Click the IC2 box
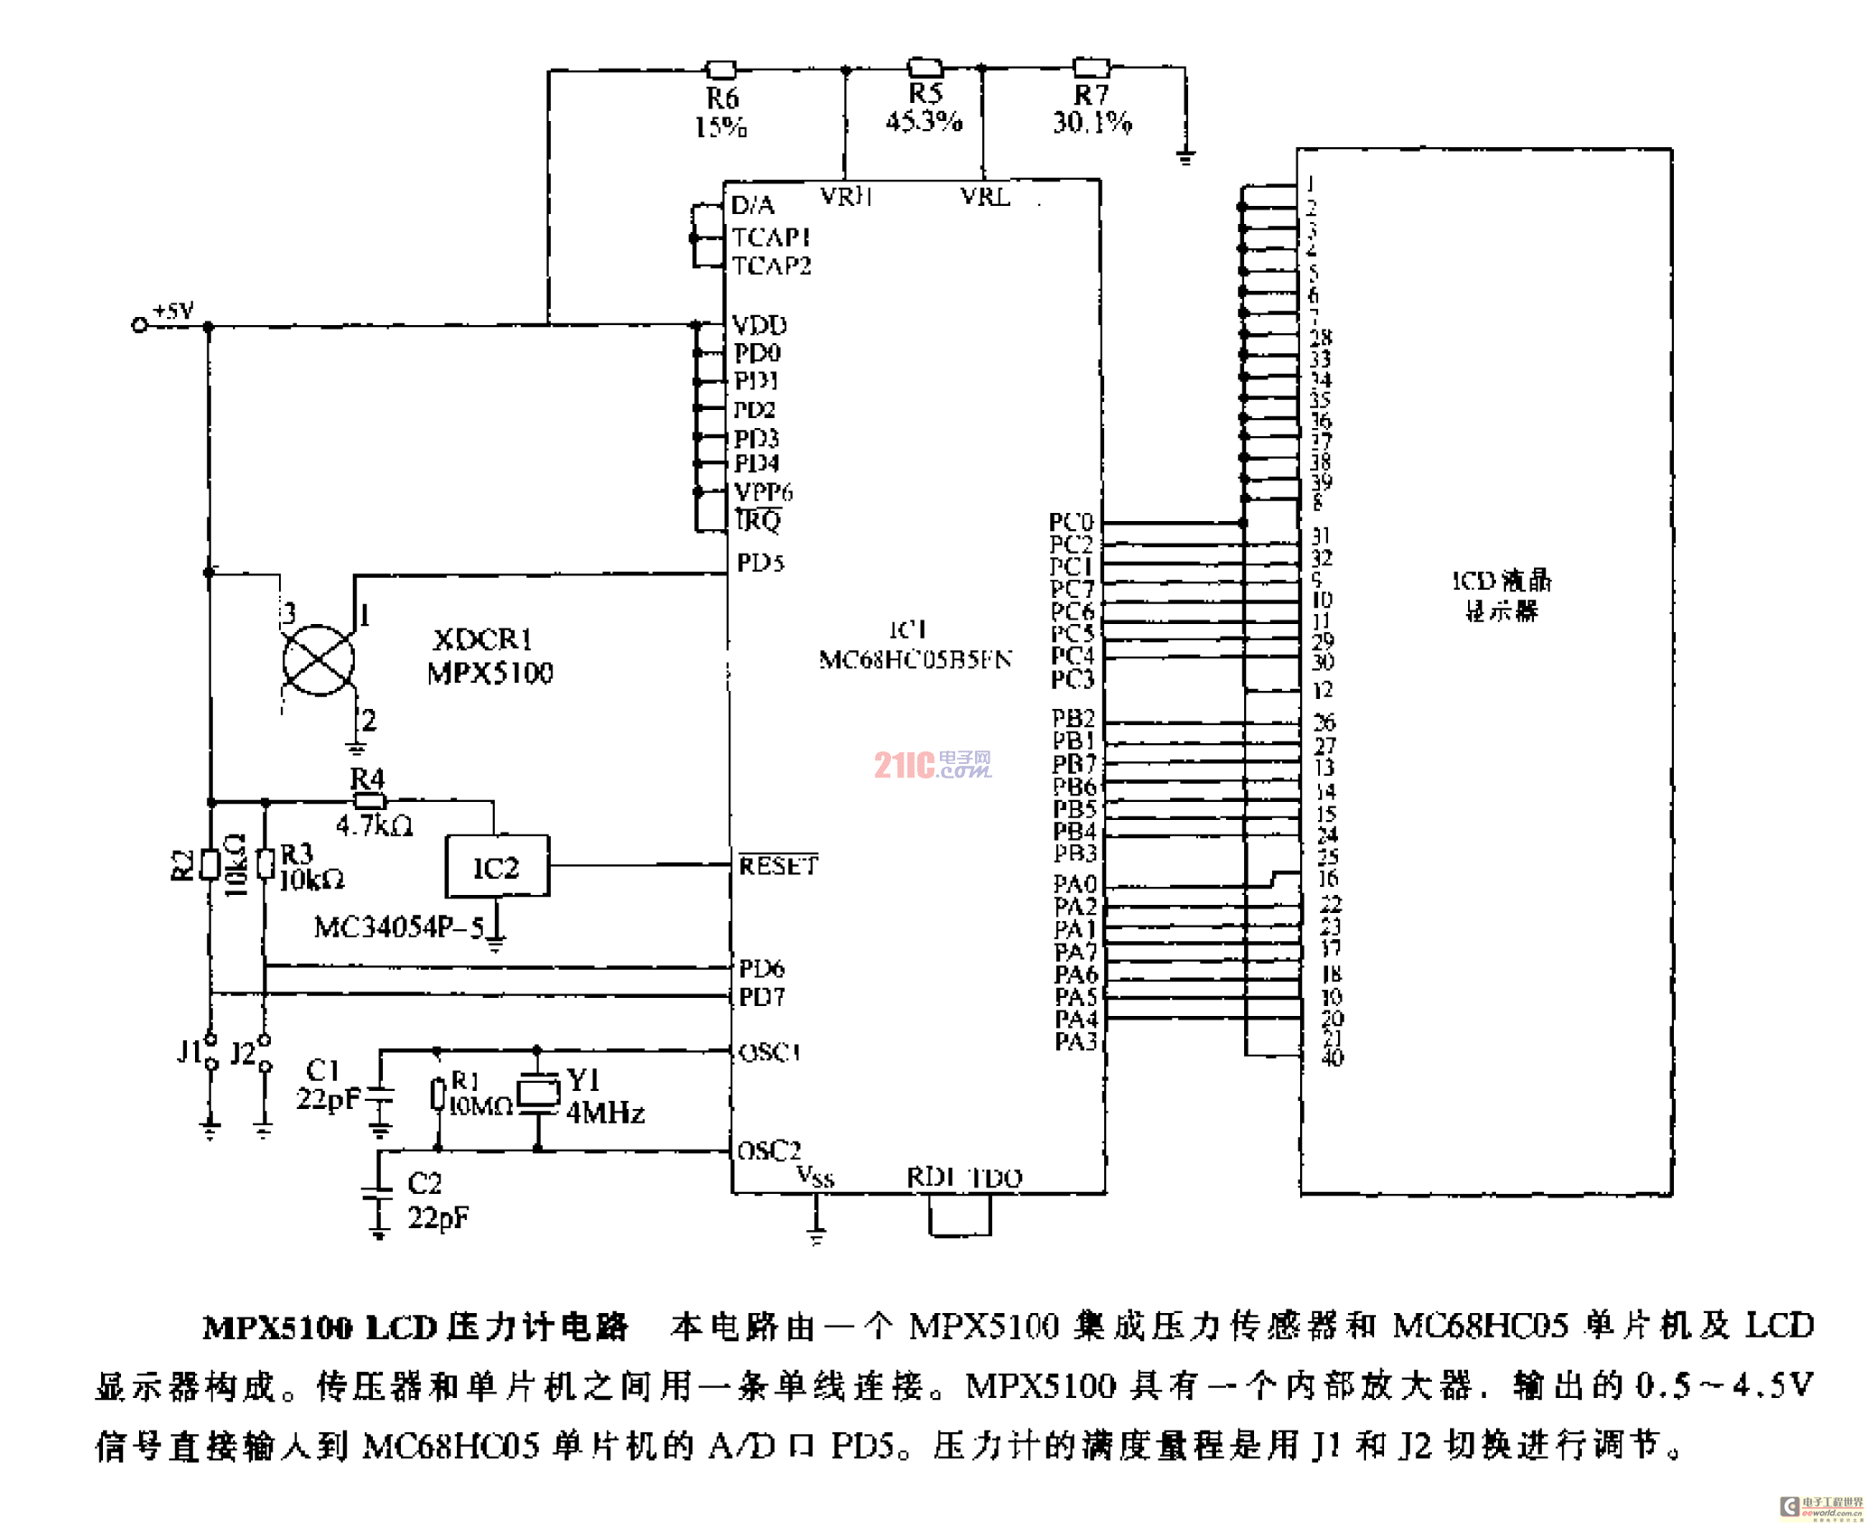coord(497,866)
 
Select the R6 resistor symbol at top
coord(720,70)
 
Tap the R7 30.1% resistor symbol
coord(1091,67)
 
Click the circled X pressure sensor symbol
coord(318,660)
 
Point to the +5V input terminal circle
coord(139,325)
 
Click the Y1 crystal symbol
coord(538,1092)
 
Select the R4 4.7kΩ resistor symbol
coord(368,800)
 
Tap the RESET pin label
coord(778,865)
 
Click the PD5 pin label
coord(760,563)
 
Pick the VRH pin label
coord(845,196)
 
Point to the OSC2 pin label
coord(769,1151)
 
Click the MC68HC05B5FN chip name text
coord(915,659)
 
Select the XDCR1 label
coord(483,639)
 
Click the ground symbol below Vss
coord(816,1235)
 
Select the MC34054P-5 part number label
coord(398,927)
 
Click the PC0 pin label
coord(1071,522)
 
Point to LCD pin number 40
coord(1332,1057)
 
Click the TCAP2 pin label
coord(772,266)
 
